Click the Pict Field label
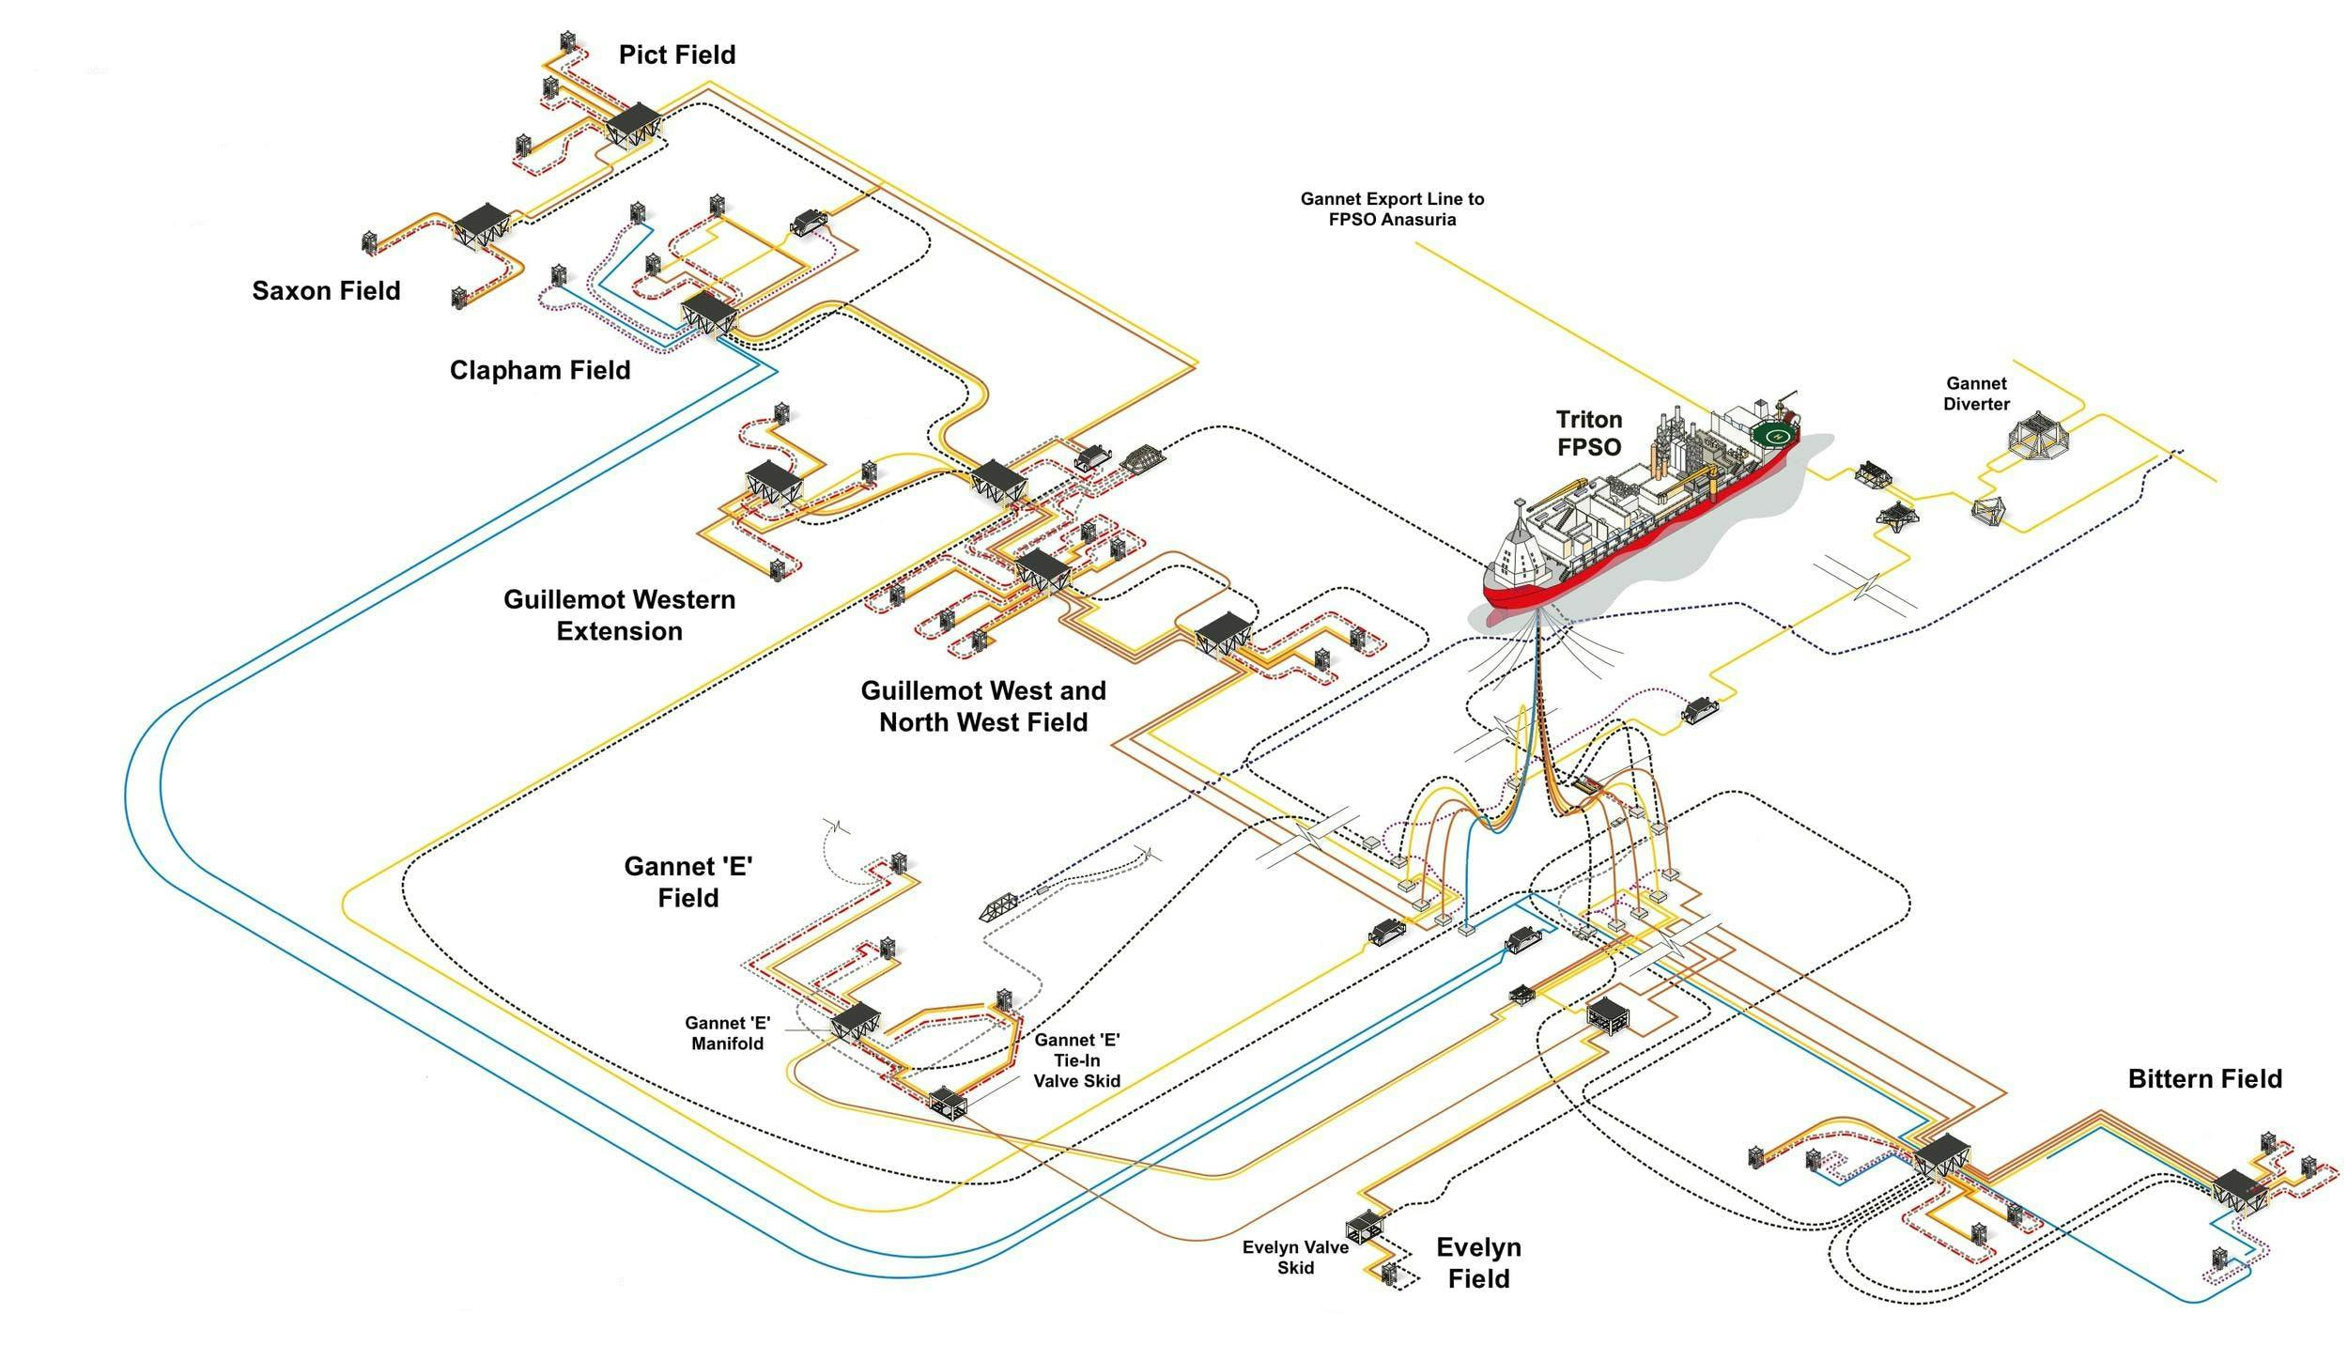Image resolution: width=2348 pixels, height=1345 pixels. tap(676, 54)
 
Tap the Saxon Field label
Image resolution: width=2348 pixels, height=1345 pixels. tap(326, 290)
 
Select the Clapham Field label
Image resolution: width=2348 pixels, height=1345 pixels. tap(539, 369)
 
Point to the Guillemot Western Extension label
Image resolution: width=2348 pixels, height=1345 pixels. tap(619, 614)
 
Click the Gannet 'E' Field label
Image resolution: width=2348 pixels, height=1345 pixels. tap(688, 881)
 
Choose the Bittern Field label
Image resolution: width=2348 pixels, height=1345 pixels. tap(2204, 1078)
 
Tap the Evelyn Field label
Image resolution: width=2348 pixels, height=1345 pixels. tap(1478, 1262)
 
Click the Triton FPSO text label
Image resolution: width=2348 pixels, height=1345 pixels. tap(1589, 433)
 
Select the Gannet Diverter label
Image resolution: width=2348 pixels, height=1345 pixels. tap(1976, 394)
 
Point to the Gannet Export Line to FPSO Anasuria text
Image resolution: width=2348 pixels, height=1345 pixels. tap(1392, 209)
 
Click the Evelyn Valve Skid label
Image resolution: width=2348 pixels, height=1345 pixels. tap(1295, 1257)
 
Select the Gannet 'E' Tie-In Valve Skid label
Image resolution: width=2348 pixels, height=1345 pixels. tap(1076, 1059)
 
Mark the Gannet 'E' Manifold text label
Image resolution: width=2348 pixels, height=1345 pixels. tap(727, 1033)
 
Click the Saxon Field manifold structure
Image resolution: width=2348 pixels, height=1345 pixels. tap(483, 224)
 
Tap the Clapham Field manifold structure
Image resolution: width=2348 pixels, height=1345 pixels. tap(708, 312)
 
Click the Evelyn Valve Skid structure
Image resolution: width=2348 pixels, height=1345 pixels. tap(1364, 1226)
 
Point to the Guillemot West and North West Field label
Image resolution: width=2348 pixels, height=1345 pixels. tap(982, 705)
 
